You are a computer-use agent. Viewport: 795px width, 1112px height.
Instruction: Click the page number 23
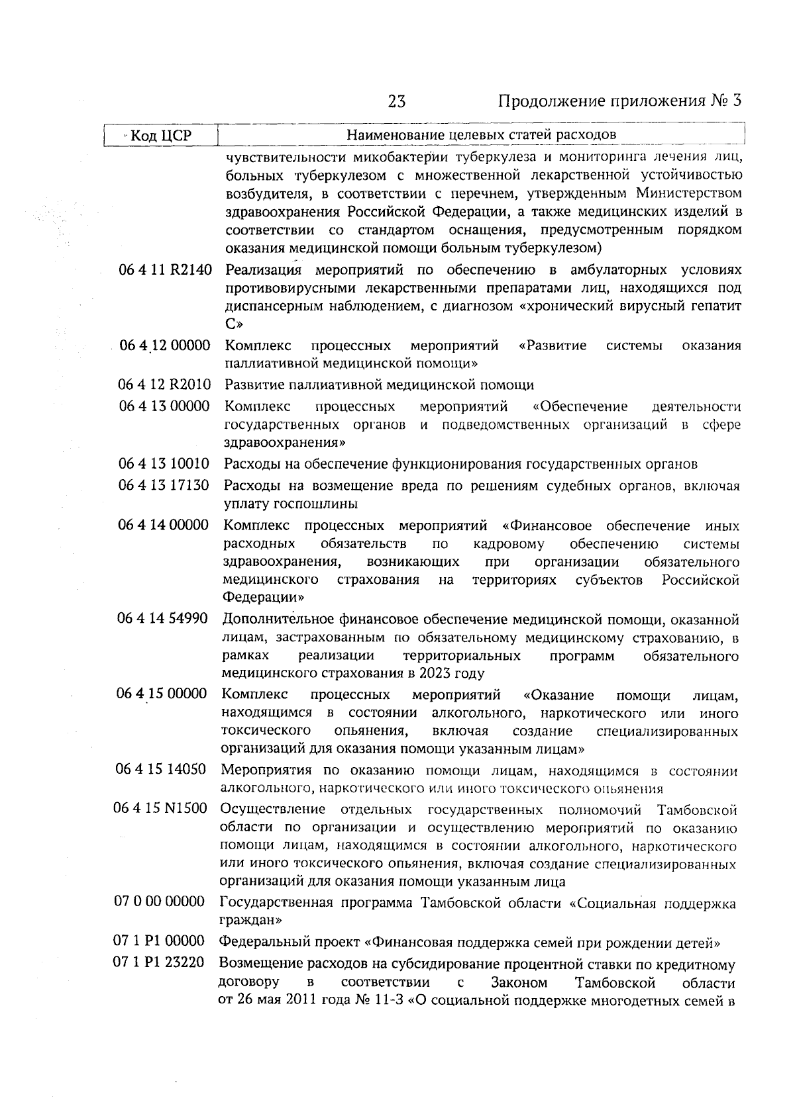397,101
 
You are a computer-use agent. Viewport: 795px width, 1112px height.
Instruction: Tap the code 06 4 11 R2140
165,270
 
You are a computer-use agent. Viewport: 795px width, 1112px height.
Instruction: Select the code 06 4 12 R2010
164,385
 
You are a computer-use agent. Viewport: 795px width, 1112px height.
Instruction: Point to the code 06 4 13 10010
164,463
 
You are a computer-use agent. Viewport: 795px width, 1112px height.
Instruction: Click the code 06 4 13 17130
164,485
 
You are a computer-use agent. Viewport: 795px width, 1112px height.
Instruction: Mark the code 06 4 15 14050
162,769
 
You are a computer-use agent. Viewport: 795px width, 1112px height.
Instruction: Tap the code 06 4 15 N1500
162,809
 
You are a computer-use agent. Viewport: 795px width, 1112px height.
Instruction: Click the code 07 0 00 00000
160,902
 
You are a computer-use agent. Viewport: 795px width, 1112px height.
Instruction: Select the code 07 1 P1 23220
160,962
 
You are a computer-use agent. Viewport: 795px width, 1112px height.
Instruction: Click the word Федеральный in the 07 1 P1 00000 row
256,942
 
